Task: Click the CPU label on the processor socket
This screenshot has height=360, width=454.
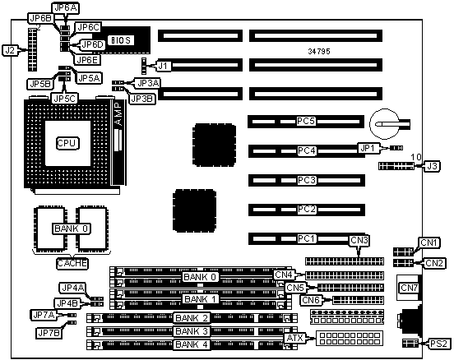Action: pyautogui.click(x=67, y=143)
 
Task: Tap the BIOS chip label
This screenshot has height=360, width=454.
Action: pyautogui.click(x=121, y=40)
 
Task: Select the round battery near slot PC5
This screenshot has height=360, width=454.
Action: pyautogui.click(x=385, y=123)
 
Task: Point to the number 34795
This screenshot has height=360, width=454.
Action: pyautogui.click(x=319, y=51)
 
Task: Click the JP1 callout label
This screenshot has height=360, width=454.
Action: pyautogui.click(x=368, y=148)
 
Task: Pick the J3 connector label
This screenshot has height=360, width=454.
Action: pyautogui.click(x=433, y=166)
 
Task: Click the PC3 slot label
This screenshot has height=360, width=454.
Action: pyautogui.click(x=307, y=180)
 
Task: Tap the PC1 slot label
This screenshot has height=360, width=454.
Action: pyautogui.click(x=306, y=238)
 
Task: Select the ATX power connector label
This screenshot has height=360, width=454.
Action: pyautogui.click(x=294, y=338)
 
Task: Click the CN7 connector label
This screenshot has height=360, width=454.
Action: pyautogui.click(x=409, y=288)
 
